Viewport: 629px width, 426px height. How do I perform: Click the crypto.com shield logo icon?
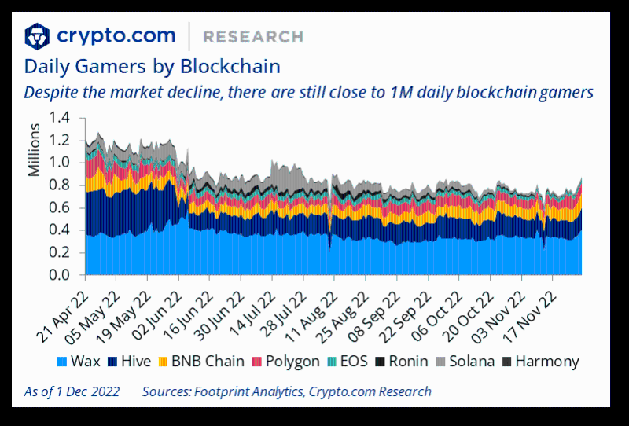point(37,35)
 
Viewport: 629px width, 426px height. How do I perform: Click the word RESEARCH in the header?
point(252,36)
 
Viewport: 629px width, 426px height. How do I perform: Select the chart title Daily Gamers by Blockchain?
point(152,64)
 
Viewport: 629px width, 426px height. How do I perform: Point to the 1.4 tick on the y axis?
point(60,117)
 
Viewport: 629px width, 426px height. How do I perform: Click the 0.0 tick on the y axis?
point(60,276)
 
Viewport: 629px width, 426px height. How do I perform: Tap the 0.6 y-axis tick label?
point(60,207)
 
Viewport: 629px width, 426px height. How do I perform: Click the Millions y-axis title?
point(35,154)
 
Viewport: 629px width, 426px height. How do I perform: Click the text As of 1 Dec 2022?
point(72,391)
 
